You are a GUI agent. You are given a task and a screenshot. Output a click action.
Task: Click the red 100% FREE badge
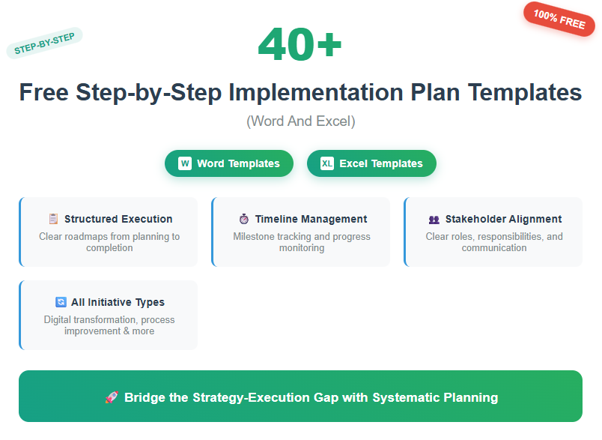click(x=559, y=19)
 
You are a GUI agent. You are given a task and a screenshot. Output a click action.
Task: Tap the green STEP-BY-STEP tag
click(x=44, y=43)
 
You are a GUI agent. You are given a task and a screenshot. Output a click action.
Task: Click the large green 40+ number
click(x=300, y=45)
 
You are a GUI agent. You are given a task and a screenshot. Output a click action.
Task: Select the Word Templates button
click(x=229, y=163)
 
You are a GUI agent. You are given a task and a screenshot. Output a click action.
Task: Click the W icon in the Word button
click(x=185, y=163)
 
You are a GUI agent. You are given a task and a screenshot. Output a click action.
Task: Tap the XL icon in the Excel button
click(x=327, y=163)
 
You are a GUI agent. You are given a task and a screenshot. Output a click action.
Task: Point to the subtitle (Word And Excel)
click(x=300, y=121)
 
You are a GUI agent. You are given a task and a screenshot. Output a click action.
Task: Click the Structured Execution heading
click(x=118, y=219)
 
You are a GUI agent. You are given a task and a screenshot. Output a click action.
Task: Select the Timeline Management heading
click(x=311, y=219)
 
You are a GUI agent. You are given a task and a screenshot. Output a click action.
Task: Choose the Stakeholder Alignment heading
click(x=503, y=219)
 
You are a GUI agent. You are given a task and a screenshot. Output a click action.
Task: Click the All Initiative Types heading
click(x=118, y=302)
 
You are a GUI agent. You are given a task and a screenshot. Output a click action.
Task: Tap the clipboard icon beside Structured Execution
click(x=53, y=219)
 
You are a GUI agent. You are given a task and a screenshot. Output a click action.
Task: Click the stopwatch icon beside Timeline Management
click(x=244, y=219)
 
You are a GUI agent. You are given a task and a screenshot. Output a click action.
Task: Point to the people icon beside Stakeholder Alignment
click(x=434, y=220)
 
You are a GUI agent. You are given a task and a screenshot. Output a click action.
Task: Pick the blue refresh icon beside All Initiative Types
click(x=61, y=302)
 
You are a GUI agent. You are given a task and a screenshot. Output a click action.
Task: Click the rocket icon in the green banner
click(x=111, y=397)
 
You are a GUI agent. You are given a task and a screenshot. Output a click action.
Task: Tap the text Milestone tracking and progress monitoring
click(x=301, y=242)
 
